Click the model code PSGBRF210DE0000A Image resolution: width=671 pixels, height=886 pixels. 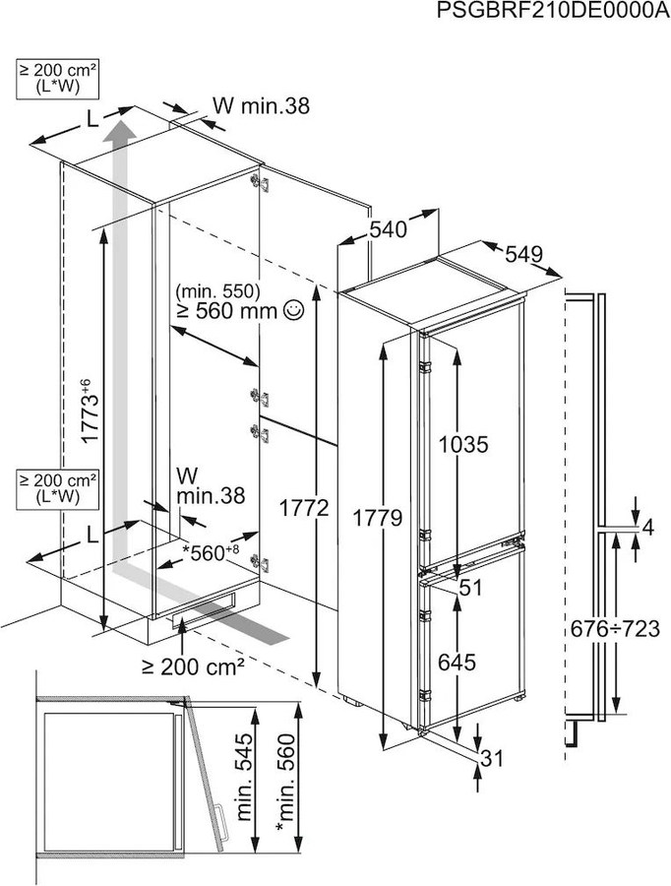click(554, 11)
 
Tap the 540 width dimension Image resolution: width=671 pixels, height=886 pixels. click(388, 229)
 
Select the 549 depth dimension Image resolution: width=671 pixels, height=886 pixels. click(523, 254)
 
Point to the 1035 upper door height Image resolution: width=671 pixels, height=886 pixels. click(463, 445)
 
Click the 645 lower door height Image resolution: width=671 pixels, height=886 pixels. click(457, 662)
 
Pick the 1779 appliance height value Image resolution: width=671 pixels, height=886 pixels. click(377, 518)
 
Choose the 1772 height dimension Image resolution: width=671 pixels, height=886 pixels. click(304, 509)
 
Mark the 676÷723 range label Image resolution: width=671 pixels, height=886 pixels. click(614, 628)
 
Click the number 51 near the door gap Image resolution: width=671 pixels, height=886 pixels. click(470, 588)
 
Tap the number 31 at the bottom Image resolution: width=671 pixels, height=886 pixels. click(491, 758)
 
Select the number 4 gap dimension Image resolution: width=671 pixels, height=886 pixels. click(647, 528)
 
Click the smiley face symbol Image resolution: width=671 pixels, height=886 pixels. click(294, 309)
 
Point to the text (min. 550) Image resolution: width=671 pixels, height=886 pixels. click(217, 291)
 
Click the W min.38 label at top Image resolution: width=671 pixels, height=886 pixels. click(261, 105)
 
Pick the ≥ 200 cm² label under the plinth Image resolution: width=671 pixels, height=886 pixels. click(193, 666)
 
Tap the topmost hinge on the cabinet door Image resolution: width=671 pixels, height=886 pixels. click(260, 182)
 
